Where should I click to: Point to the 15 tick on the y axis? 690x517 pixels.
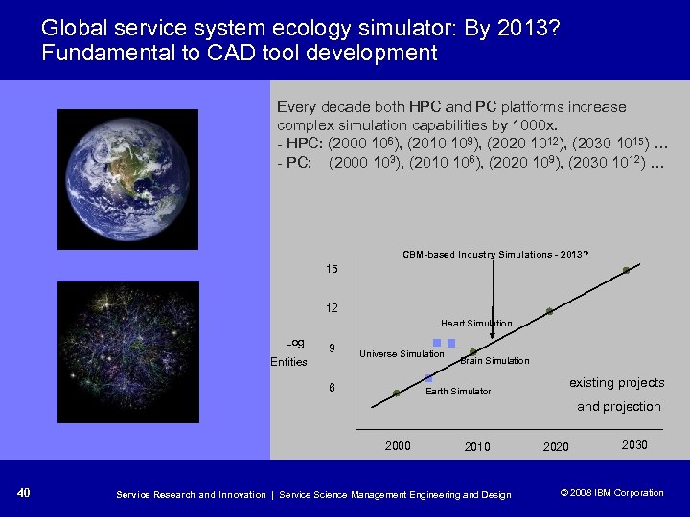[331, 271]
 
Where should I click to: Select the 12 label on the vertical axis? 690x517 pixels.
[331, 308]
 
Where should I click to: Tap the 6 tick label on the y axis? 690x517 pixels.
[331, 388]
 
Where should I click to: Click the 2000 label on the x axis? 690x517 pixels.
[398, 445]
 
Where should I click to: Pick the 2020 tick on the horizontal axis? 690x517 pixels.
[556, 447]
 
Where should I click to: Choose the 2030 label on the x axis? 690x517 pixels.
[633, 445]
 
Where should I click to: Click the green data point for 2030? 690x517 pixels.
[626, 271]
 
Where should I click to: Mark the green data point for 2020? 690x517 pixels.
[550, 312]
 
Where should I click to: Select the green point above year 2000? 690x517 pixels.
[397, 393]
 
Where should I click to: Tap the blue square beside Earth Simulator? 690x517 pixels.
[428, 378]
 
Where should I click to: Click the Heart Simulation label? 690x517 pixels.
[476, 324]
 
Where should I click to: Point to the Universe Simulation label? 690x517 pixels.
[402, 354]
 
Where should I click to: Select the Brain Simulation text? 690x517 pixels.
[494, 361]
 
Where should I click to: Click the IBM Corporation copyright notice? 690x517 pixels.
[611, 493]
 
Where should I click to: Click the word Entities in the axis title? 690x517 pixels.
[288, 362]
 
